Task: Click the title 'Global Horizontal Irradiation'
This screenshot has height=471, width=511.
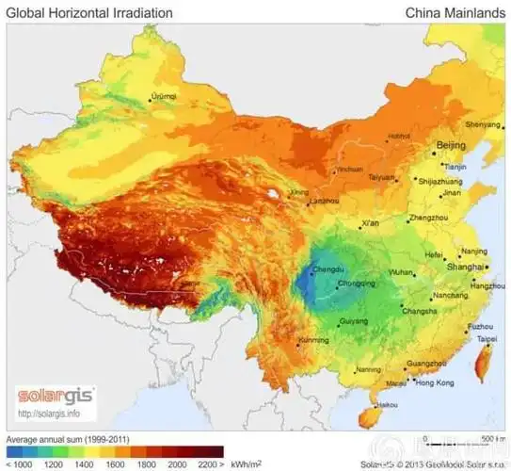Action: point(89,13)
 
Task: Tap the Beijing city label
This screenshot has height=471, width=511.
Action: point(454,145)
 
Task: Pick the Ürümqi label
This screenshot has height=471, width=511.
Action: point(164,96)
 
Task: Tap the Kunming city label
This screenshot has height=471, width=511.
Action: point(312,339)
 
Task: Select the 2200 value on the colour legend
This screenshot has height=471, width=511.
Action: point(208,464)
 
